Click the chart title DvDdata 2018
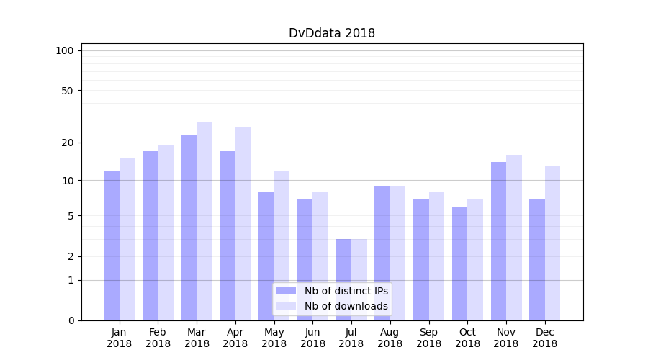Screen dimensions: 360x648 click(332, 33)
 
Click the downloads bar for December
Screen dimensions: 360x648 click(553, 243)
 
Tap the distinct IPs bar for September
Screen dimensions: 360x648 click(421, 259)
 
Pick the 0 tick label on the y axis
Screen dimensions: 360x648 click(71, 320)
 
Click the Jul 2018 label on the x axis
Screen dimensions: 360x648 click(351, 338)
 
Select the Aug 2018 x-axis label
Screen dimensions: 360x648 click(390, 338)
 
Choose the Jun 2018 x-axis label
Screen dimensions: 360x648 click(312, 338)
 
